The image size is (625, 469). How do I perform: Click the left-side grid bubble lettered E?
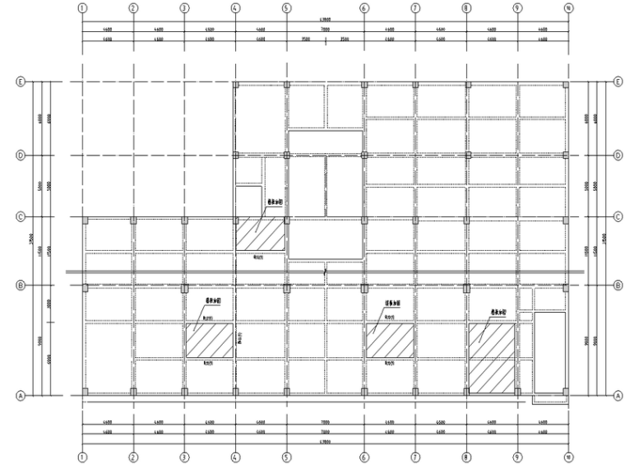pyautogui.click(x=21, y=82)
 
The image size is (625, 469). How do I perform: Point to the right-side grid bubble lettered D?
pyautogui.click(x=617, y=155)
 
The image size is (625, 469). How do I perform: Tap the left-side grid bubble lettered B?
pyautogui.click(x=21, y=286)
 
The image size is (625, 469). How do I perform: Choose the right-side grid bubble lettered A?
pyautogui.click(x=617, y=395)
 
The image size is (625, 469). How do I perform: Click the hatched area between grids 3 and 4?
pyautogui.click(x=210, y=340)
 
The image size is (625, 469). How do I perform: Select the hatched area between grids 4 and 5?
pyautogui.click(x=262, y=234)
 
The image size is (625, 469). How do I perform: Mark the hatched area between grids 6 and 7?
pyautogui.click(x=390, y=340)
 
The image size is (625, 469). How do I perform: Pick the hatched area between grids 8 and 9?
pyautogui.click(x=492, y=357)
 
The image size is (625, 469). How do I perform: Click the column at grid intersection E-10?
pyautogui.click(x=567, y=84)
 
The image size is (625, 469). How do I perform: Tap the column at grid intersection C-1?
pyautogui.click(x=83, y=220)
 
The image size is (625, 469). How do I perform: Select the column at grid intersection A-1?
pyautogui.click(x=83, y=392)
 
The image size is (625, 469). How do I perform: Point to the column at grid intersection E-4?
pyautogui.click(x=235, y=84)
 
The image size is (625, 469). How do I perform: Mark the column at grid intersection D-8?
pyautogui.click(x=466, y=155)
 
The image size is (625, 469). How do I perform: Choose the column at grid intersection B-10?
pyautogui.click(x=567, y=287)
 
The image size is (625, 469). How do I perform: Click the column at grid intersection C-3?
pyautogui.click(x=184, y=220)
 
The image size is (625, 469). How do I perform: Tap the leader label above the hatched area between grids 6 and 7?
pyautogui.click(x=375, y=301)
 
